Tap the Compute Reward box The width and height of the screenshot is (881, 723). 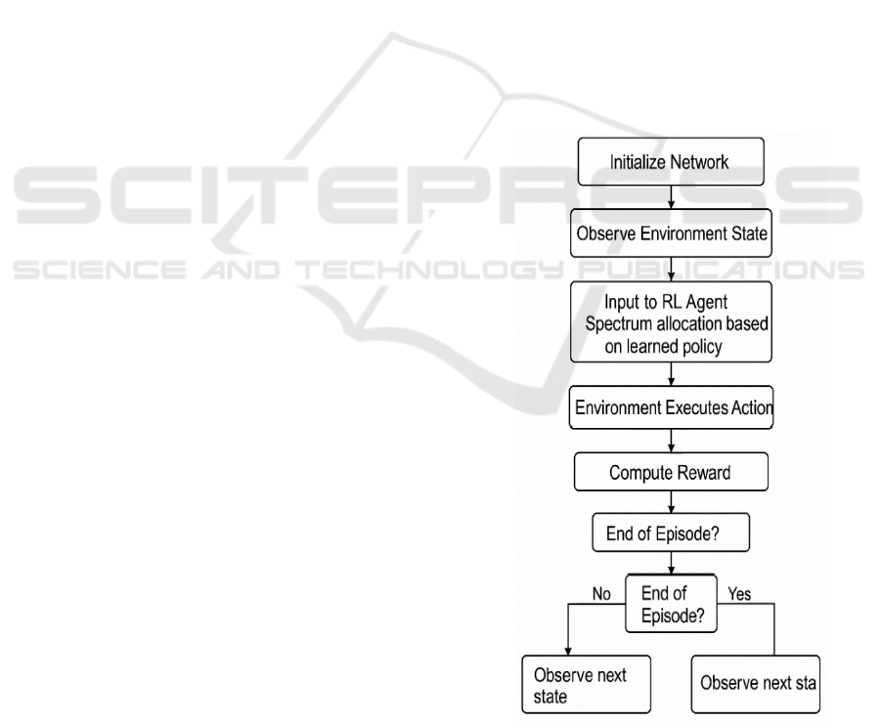coord(670,473)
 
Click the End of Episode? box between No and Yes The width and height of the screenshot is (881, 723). coord(671,603)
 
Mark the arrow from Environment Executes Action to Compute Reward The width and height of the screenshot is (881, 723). coord(671,442)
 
